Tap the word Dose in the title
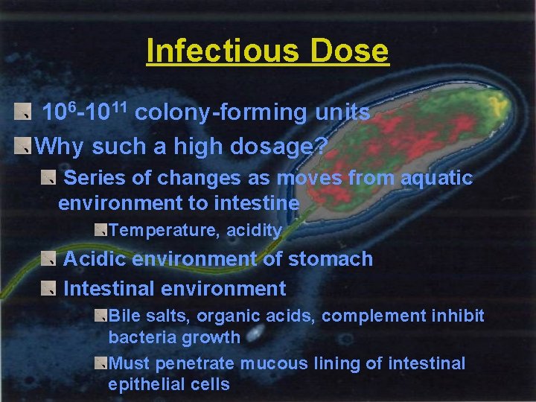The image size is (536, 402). (350, 52)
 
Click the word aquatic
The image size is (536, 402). (436, 179)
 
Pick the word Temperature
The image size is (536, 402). (162, 231)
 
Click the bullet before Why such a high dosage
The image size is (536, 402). (25, 146)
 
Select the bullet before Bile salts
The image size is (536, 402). (100, 316)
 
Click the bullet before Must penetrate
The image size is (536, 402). (100, 363)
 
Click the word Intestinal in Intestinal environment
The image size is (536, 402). (109, 289)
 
